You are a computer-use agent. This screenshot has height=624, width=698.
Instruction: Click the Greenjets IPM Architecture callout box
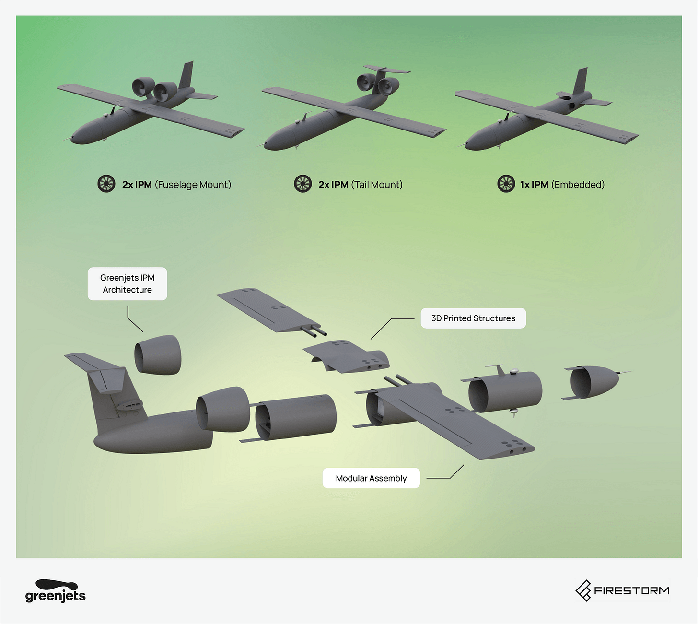coord(127,284)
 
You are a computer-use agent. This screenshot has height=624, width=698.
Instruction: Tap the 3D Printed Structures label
coord(473,318)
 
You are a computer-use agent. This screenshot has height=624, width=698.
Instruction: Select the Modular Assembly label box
coord(371,478)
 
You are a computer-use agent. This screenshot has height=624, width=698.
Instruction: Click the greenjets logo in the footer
coord(56,591)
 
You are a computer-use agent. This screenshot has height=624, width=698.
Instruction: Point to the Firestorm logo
coord(622,590)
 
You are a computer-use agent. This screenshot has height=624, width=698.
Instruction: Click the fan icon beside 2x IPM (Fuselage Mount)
coord(106,184)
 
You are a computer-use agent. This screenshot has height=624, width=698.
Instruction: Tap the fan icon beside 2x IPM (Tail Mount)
coord(303,184)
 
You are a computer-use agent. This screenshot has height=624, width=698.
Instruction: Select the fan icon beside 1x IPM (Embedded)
coord(506,184)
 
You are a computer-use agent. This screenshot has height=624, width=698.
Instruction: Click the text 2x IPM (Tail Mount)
coord(361,185)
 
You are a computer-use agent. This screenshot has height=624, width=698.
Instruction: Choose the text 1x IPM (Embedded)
coord(562,185)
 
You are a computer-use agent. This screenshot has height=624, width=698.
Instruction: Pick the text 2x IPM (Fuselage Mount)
coord(176,185)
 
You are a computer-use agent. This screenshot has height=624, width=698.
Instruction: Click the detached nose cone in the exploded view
coord(596,382)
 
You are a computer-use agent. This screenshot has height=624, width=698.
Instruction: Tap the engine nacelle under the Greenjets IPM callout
coord(158,355)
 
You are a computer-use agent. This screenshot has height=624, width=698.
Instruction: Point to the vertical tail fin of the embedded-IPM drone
coord(580,82)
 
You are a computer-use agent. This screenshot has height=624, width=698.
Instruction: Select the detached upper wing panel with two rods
coord(271,311)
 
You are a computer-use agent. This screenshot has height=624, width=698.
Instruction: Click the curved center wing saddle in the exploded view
coord(346,356)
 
